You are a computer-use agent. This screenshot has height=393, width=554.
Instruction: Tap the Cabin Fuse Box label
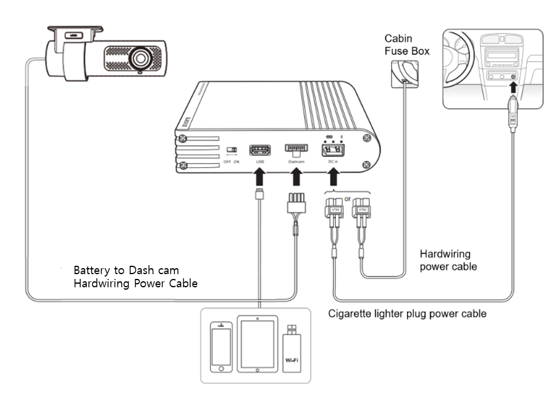(406, 45)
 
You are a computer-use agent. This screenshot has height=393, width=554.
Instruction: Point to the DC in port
(331, 150)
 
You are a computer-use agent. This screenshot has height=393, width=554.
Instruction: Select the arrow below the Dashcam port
(296, 177)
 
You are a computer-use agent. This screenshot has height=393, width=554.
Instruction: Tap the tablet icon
(256, 345)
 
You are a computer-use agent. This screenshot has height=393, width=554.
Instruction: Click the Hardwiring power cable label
(448, 259)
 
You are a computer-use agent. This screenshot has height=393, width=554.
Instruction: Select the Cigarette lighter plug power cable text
(407, 313)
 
